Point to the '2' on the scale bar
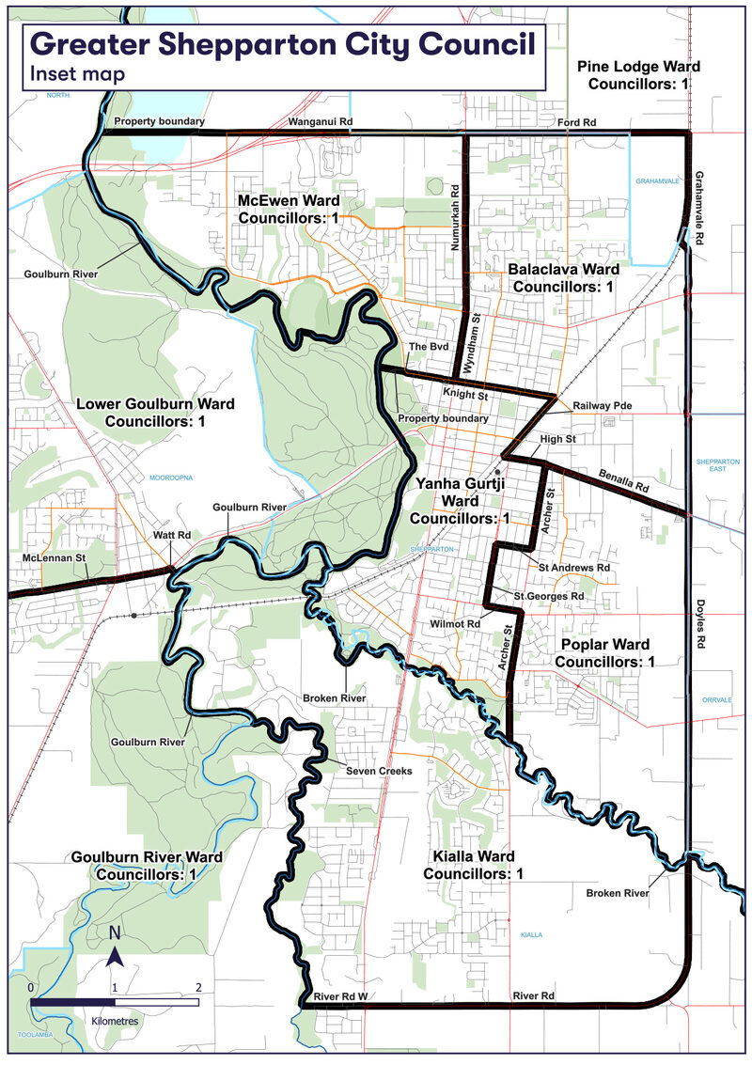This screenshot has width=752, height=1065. (198, 988)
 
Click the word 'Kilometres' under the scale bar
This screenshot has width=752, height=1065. (115, 1020)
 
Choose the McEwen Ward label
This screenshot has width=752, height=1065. (289, 209)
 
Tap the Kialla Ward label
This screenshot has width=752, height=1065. (472, 865)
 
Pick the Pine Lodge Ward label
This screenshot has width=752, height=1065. (638, 75)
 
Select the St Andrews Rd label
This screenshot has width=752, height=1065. (573, 569)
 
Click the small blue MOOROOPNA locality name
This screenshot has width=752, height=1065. (171, 478)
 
